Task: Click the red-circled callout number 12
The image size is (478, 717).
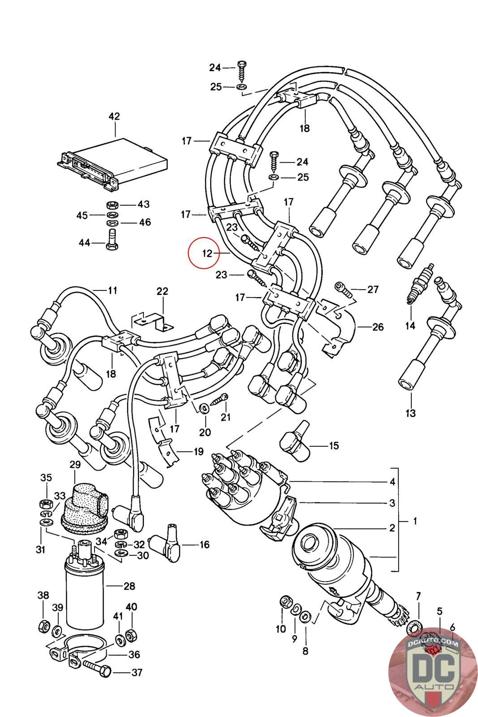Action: click(207, 253)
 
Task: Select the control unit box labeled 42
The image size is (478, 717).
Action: click(112, 164)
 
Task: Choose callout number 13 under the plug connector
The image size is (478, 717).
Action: click(410, 413)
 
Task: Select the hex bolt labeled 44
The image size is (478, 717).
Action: click(112, 240)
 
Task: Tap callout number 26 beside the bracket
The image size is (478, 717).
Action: click(378, 327)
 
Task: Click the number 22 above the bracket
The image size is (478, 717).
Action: click(162, 291)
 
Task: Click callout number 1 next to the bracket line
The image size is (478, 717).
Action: click(415, 521)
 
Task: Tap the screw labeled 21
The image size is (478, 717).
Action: click(220, 398)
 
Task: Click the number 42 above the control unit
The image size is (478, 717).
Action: click(114, 116)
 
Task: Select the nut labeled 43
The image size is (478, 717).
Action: click(112, 204)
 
